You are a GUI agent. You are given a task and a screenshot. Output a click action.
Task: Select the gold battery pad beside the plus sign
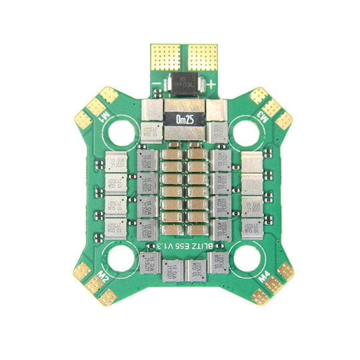click(x=202, y=56)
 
